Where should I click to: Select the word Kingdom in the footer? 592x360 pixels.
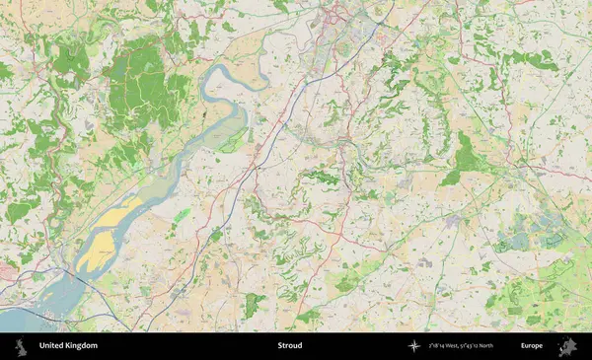82,346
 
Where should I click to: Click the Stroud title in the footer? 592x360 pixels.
289,346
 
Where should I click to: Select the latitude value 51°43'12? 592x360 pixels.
478,346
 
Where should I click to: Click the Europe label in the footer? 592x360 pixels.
532,346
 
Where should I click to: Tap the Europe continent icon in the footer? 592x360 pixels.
567,346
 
